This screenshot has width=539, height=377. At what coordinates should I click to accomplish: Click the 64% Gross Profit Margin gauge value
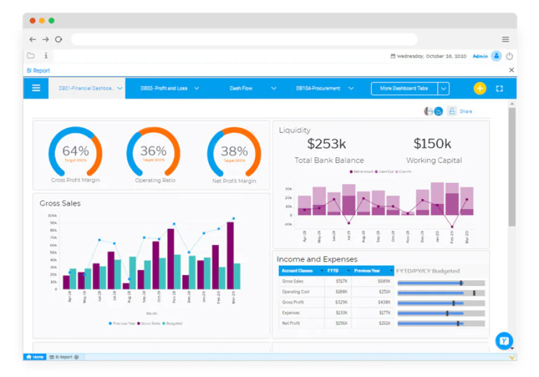click(75, 151)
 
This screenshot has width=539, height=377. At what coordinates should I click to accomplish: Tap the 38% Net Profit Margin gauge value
click(234, 151)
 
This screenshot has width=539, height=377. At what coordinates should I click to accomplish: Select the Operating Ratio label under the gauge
click(155, 180)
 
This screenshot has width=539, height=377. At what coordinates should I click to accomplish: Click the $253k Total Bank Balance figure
click(326, 144)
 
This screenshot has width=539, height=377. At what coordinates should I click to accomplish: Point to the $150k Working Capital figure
click(433, 144)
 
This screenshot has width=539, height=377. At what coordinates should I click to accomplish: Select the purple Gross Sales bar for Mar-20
click(230, 255)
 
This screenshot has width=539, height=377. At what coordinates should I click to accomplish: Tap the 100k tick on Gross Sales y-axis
click(53, 215)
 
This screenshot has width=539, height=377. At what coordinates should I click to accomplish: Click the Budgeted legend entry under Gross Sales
click(173, 324)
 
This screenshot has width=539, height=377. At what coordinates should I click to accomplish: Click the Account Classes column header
click(298, 271)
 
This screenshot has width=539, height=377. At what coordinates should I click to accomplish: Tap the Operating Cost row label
click(296, 292)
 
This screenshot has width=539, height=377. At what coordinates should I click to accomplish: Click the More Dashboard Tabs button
click(405, 89)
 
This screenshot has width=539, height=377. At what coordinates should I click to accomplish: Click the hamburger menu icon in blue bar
click(37, 88)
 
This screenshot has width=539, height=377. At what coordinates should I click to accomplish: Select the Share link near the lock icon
click(466, 112)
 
